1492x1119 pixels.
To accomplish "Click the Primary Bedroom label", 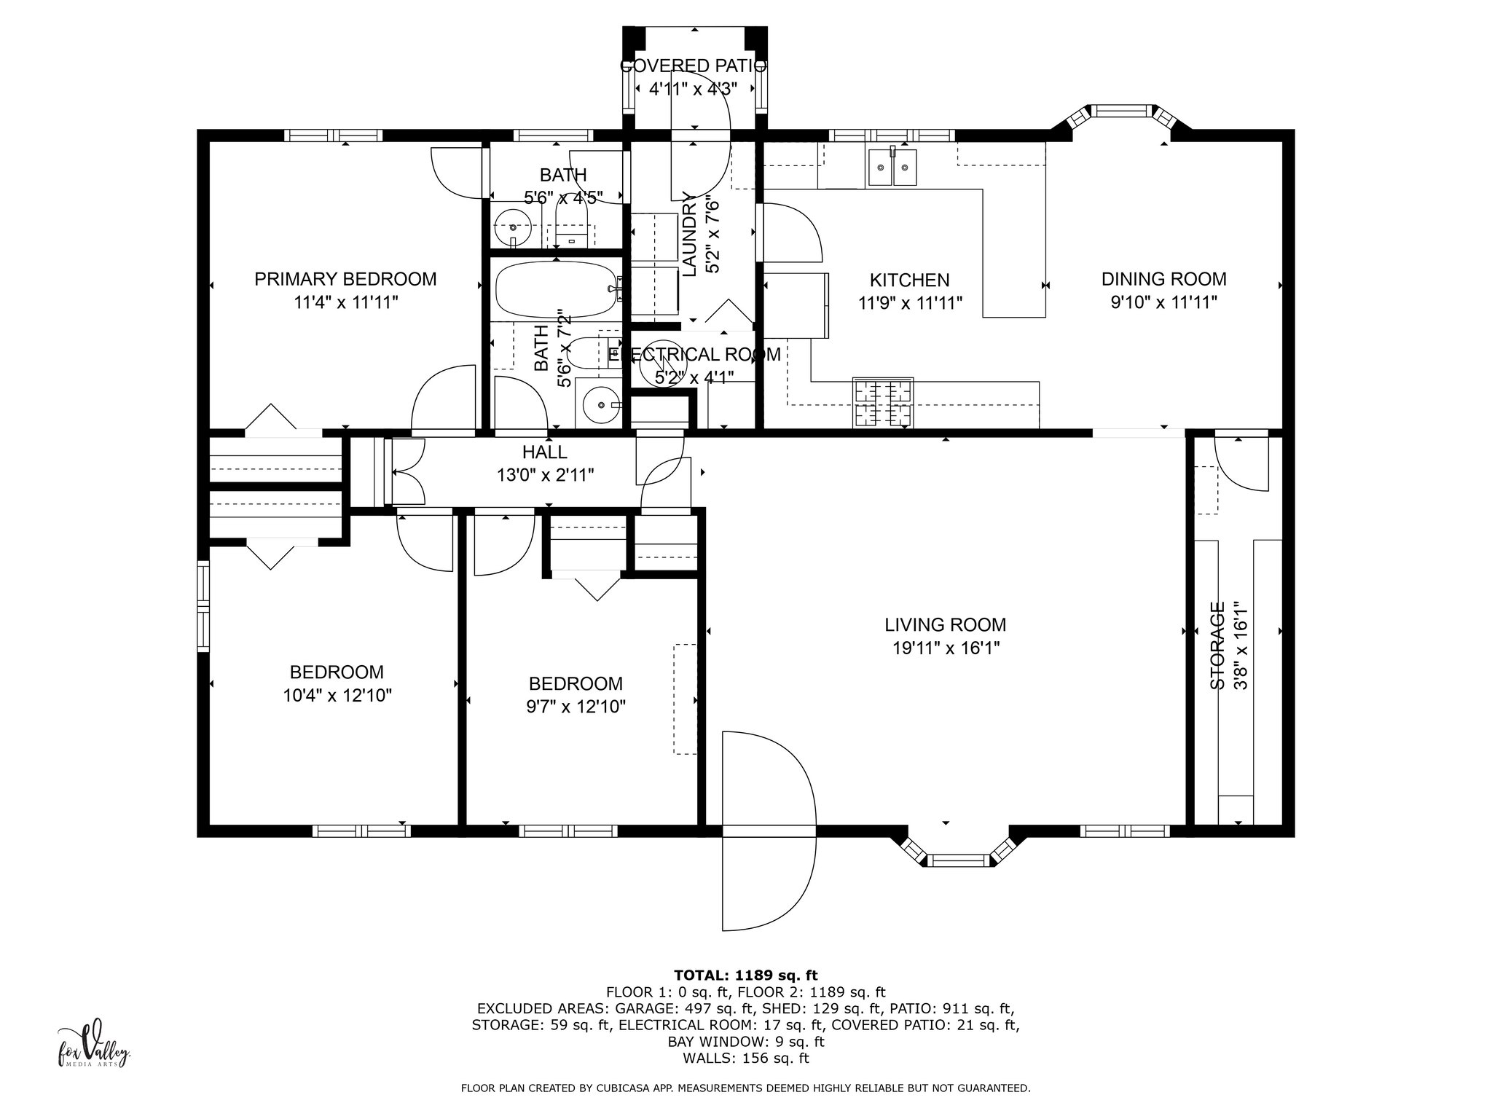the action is (x=345, y=279).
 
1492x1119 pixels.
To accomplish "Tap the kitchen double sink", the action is (x=892, y=168).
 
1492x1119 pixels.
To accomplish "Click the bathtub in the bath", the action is (x=557, y=289).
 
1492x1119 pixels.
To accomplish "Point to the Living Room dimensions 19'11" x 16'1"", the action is (x=946, y=648).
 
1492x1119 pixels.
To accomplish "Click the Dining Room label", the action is (x=1163, y=279).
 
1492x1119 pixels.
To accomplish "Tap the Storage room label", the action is (x=1217, y=645).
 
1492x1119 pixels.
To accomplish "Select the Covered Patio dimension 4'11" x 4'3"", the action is (x=693, y=89).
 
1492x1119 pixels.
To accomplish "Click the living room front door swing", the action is (x=769, y=831).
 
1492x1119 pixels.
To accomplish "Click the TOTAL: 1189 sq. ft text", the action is (x=745, y=975).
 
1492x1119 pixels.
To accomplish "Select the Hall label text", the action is (x=544, y=452).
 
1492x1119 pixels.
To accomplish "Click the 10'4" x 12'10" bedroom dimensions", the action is (x=337, y=695).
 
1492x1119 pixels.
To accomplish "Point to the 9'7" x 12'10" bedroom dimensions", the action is (x=576, y=707).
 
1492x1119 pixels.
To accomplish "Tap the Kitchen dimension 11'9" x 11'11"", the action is (x=910, y=303).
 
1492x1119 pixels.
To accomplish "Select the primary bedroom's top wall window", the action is (x=333, y=135).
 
